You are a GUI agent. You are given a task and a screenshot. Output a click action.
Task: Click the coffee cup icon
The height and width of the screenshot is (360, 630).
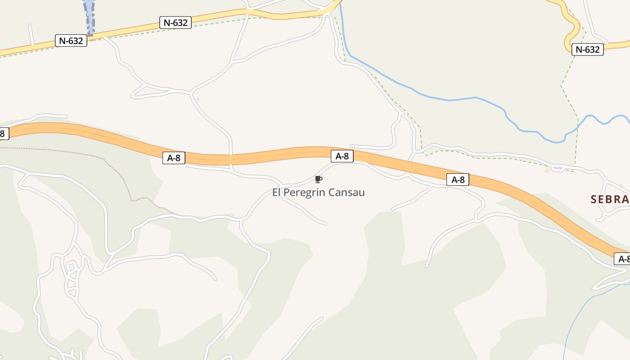coord(319,180)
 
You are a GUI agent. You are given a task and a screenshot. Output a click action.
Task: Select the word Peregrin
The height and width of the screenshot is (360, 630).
coord(304,193)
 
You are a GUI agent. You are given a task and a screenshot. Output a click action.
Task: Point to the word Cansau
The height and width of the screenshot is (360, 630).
coord(346,193)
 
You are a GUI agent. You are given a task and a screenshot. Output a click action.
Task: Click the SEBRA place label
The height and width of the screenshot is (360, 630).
coord(609,199)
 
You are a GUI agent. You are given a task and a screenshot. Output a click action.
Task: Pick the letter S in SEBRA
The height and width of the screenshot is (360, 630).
coord(594,199)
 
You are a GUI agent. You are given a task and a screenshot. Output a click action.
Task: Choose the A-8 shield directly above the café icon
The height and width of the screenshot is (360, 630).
coord(342,156)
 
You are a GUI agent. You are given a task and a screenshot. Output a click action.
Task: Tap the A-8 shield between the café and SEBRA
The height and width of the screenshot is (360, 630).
coord(458,180)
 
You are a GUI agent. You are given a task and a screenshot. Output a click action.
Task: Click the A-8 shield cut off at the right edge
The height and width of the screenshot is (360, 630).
coord(623,259)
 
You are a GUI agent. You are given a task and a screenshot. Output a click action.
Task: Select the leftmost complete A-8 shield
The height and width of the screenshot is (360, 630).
coord(174,158)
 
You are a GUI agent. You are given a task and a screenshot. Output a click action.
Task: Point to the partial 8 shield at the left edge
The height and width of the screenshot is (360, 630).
coord(3,134)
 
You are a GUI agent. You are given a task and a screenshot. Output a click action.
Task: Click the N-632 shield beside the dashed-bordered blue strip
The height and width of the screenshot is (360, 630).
coord(71,40)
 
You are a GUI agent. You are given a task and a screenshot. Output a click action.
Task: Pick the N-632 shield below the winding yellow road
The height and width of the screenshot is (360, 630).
coord(587,49)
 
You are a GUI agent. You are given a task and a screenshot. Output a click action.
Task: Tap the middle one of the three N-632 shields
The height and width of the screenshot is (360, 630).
coord(175,22)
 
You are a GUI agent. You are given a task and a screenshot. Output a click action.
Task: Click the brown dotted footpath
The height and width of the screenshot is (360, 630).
coord(112,166)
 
